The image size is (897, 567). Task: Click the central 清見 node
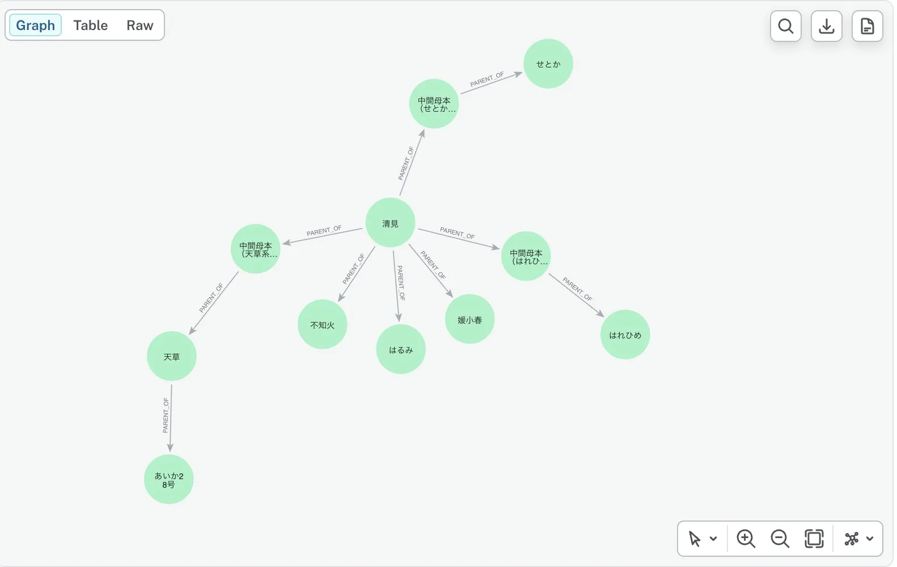pos(390,223)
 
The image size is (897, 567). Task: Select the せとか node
pos(548,64)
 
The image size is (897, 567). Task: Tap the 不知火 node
pos(323,324)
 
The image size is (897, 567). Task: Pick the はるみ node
pos(400,349)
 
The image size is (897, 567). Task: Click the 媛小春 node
pos(469,319)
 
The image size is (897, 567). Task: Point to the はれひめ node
pos(625,335)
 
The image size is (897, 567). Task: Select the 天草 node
pos(171,356)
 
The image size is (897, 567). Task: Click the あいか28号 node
pos(168,479)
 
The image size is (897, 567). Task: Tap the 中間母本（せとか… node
pos(434,104)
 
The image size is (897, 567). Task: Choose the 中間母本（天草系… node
pos(255,249)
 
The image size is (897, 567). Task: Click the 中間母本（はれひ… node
pos(526,256)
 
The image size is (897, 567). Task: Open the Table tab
pos(91,25)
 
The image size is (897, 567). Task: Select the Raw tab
pos(139,25)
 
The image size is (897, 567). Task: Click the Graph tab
pos(35,25)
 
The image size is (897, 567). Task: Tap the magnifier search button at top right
pos(786,26)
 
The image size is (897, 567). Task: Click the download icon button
pos(827,26)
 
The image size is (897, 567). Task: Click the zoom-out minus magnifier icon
pos(780,539)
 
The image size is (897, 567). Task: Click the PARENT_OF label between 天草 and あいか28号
pos(166,415)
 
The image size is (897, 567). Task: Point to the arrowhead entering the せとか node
pos(518,74)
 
